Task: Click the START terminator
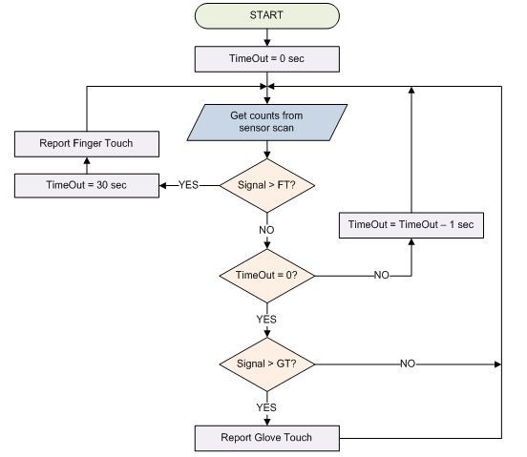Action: coord(267,16)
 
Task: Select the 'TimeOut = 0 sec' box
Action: coord(267,59)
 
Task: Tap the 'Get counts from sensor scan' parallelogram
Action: coord(267,122)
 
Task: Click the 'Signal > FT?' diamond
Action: coord(267,185)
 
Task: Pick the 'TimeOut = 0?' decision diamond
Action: coord(267,276)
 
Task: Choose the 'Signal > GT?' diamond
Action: coord(267,364)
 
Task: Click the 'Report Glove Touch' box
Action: coord(267,438)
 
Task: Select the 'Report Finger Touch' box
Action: coord(87,144)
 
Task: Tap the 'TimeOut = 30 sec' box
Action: coord(87,186)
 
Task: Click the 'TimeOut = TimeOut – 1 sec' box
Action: coord(411,225)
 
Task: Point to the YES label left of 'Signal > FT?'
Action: coord(188,185)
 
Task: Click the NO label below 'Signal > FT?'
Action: coord(267,230)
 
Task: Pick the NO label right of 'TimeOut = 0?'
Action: coord(382,276)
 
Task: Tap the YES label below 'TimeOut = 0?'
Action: coord(266,320)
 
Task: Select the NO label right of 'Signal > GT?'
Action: coord(408,364)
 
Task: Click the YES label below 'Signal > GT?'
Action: coord(266,407)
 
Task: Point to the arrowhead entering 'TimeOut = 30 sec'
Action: coord(162,185)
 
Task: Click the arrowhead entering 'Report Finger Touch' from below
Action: coord(87,160)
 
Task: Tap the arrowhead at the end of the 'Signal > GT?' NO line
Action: coord(498,364)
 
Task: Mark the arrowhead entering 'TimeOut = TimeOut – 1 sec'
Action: coord(411,241)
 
